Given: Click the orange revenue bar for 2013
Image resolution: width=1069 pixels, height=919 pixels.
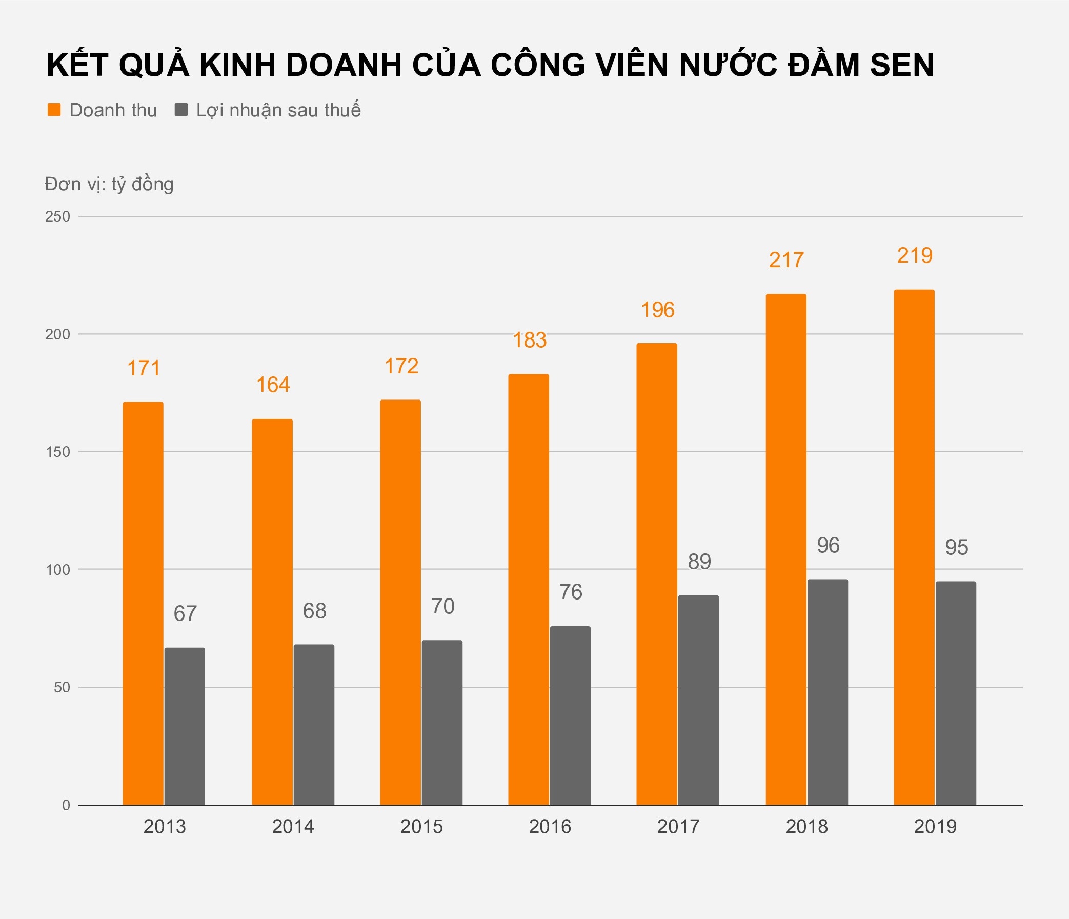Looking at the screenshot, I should tap(143, 603).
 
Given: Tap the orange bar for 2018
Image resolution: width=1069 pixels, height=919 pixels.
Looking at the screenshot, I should tap(786, 550).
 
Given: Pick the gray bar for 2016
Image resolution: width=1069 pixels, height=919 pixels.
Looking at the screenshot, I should tap(570, 716).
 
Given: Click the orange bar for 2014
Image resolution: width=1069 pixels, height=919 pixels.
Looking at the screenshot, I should tap(272, 612).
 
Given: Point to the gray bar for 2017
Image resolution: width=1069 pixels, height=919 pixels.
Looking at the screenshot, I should tap(698, 700).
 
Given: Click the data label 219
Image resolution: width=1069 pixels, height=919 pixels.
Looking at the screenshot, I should tap(915, 256).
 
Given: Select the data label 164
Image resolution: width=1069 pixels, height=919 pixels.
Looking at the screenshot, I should tap(273, 385).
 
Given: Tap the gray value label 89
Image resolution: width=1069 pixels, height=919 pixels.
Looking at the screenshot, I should tap(699, 562).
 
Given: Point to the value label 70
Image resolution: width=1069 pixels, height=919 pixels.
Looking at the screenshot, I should tap(442, 606).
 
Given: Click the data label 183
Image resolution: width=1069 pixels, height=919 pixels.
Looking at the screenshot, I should tap(529, 341).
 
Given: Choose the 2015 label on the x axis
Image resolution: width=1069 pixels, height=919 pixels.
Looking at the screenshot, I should tap(421, 827).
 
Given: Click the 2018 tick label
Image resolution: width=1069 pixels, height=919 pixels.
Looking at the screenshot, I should tap(806, 827).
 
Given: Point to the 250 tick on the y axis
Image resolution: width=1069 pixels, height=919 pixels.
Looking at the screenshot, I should tap(57, 217).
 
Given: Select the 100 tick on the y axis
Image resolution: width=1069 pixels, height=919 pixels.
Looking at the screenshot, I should tap(57, 570).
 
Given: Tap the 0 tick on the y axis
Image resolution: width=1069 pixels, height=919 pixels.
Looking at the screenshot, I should tap(66, 806).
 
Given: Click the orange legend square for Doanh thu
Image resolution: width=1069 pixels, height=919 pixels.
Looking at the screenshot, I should tap(54, 110).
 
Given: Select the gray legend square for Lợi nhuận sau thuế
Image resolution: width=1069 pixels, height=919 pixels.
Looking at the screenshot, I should tap(181, 110).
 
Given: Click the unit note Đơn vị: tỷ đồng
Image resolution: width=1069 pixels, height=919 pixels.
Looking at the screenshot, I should tap(109, 184).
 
